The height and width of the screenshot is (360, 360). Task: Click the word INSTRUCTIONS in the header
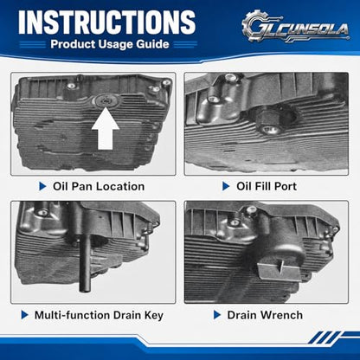107,22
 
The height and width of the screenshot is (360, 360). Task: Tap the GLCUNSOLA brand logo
296,27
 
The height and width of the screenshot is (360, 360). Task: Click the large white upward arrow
106,129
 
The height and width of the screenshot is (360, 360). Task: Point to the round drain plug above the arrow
106,100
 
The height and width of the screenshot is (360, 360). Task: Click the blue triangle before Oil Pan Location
42,186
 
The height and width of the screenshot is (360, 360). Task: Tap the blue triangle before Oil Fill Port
226,186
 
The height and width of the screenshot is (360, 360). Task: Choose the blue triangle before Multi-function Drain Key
25,315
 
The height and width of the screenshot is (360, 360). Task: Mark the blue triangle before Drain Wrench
217,315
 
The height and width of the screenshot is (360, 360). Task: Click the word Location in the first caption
120,186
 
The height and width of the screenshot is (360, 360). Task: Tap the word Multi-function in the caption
72,315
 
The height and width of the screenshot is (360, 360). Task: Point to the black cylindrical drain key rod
85,261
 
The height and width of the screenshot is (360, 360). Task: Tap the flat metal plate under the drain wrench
279,271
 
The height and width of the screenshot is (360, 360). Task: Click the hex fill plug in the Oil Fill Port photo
269,123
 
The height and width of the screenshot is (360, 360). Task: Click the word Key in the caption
154,315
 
